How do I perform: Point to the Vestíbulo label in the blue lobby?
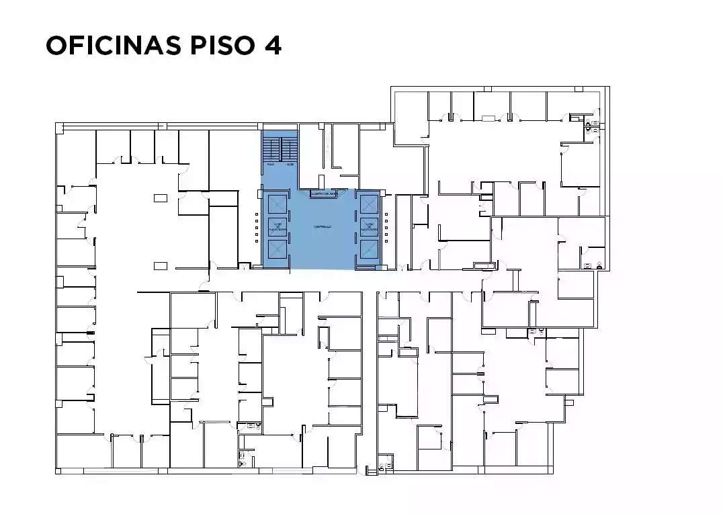point(322,228)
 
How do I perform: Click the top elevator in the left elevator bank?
point(277,204)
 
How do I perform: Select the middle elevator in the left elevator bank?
point(277,227)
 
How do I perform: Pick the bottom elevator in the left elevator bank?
point(277,250)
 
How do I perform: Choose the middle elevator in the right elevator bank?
point(369,226)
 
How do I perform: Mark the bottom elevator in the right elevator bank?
point(369,250)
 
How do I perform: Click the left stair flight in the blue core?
point(271,148)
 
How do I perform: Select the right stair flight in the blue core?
point(289,148)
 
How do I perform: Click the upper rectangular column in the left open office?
point(160,198)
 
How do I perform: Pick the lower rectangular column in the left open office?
point(160,266)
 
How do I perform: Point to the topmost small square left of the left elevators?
point(256,216)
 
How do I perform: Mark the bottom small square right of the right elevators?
point(387,240)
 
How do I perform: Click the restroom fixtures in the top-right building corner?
point(589,125)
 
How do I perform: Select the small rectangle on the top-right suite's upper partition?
point(488,119)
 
